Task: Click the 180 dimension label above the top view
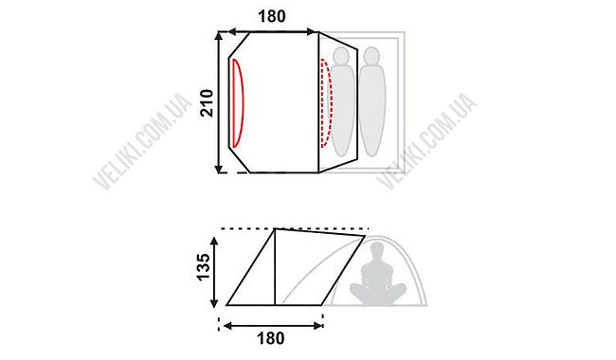[x=271, y=16]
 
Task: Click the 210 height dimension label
[x=207, y=103]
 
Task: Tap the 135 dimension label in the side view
[x=204, y=267]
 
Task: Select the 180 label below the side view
[x=271, y=338]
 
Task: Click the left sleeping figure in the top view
[x=342, y=102]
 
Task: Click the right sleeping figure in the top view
[x=371, y=102]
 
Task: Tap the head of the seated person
[x=377, y=249]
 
